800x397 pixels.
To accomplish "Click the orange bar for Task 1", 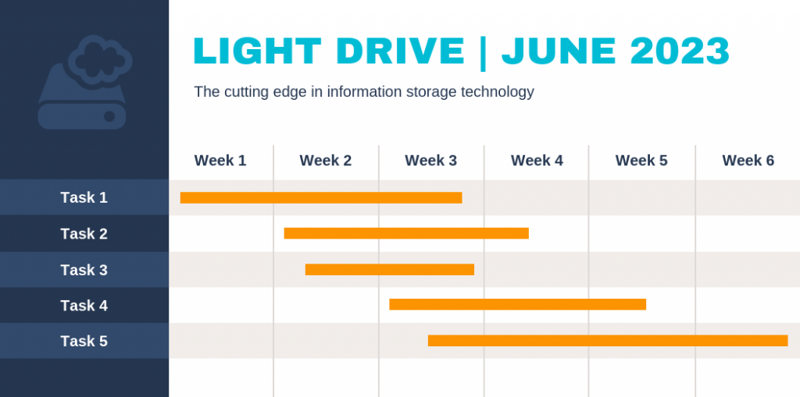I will coord(320,197).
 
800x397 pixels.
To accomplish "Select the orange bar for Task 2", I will coord(406,233).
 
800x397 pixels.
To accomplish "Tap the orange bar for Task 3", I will coord(389,269).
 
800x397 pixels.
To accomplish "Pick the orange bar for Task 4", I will coord(517,304).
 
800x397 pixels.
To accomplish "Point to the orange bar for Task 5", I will coord(607,340).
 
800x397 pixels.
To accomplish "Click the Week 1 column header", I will coord(220,161).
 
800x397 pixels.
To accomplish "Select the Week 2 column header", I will coord(326,161).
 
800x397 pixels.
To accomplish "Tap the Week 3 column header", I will coord(430,161).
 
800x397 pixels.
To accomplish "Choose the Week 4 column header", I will coord(537,161).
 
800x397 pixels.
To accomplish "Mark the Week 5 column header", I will coord(641,161).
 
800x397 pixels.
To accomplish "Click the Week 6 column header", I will coord(748,161).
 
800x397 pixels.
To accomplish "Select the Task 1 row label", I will coord(84,197).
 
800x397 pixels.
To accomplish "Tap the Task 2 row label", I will coord(84,233).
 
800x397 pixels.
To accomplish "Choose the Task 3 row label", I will coord(84,270).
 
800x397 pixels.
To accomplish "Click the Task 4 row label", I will coord(84,305).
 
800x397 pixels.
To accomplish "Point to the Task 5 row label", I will coord(84,341).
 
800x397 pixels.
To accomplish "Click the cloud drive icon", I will coord(84,84).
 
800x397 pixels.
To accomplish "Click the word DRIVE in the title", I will coord(400,51).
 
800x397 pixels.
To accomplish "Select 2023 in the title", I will coord(680,51).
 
